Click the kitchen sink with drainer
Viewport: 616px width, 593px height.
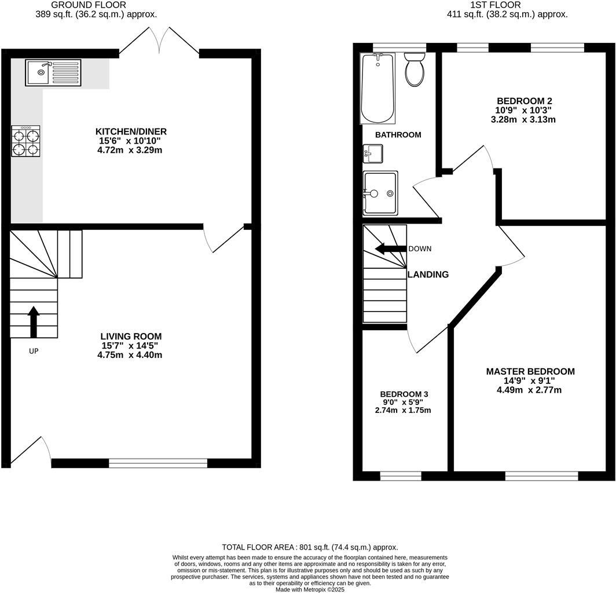[53, 72]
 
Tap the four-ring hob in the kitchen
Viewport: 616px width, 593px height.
[26, 141]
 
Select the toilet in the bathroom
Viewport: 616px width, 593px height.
[414, 69]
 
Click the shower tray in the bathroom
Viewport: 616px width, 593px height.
[380, 192]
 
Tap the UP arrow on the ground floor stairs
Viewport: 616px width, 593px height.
[34, 321]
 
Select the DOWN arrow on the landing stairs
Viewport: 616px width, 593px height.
[390, 249]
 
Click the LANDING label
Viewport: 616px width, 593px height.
[428, 274]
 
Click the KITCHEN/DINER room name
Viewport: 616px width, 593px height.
[129, 131]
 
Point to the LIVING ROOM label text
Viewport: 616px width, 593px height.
[131, 336]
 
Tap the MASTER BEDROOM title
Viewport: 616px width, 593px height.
[530, 371]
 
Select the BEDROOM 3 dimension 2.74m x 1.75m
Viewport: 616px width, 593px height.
[403, 410]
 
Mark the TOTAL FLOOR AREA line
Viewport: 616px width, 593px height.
[310, 547]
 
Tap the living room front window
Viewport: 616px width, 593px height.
[158, 463]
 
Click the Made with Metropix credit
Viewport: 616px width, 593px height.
[310, 589]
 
